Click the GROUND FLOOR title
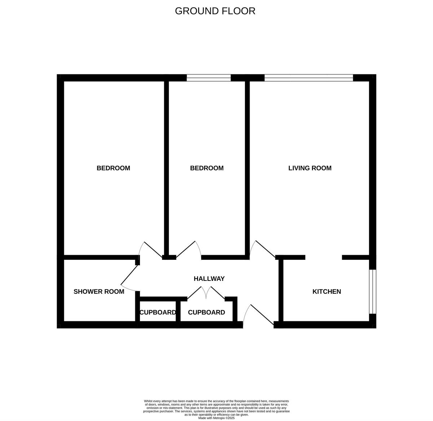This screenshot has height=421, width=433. pyautogui.click(x=215, y=11)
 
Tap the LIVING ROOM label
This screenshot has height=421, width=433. pyautogui.click(x=310, y=168)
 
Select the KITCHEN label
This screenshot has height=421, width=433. pyautogui.click(x=327, y=292)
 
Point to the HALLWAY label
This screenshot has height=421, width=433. pyautogui.click(x=209, y=279)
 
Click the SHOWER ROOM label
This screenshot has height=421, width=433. pyautogui.click(x=99, y=292)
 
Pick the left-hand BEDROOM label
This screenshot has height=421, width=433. pyautogui.click(x=113, y=168)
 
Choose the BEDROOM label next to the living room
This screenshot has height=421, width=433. pyautogui.click(x=207, y=168)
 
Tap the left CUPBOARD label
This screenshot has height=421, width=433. pyautogui.click(x=158, y=313)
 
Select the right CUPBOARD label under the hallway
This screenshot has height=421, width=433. pyautogui.click(x=206, y=313)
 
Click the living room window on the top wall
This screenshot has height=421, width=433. pyautogui.click(x=309, y=77)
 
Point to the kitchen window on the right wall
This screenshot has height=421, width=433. pyautogui.click(x=373, y=292)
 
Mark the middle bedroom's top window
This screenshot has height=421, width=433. pyautogui.click(x=209, y=77)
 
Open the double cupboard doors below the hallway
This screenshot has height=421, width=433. pyautogui.click(x=206, y=293)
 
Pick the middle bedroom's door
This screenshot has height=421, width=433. pyautogui.click(x=188, y=249)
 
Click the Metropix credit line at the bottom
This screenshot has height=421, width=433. pyautogui.click(x=216, y=418)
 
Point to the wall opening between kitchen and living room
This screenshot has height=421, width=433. pyautogui.click(x=324, y=258)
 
